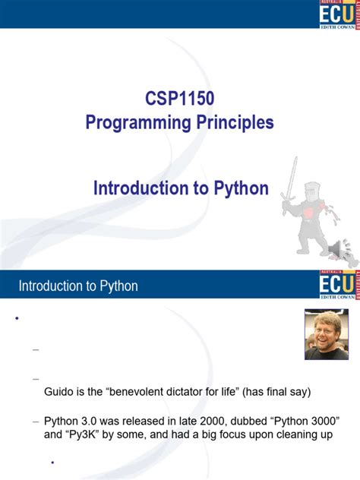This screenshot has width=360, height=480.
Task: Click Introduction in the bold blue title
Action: coord(141,188)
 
